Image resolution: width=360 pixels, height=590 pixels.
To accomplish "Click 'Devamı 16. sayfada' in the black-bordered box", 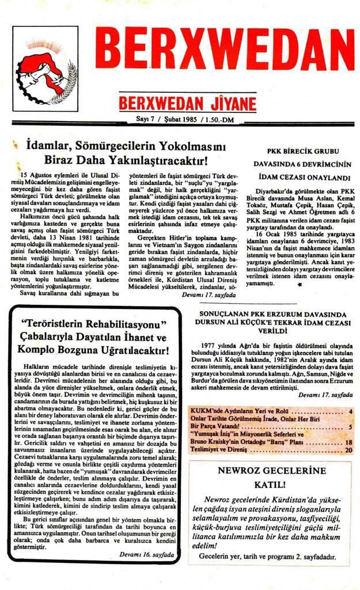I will [146, 555].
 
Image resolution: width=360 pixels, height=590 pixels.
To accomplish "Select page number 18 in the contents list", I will [348, 442].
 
